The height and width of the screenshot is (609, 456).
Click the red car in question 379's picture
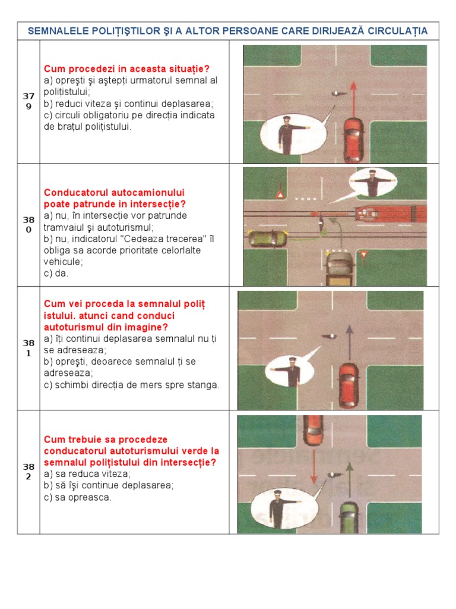(x=354, y=140)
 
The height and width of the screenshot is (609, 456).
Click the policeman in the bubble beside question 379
(x=287, y=136)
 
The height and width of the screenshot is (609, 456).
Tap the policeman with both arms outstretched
(x=372, y=183)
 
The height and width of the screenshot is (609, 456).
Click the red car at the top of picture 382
(x=313, y=429)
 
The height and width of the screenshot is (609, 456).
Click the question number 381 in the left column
(x=28, y=348)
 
